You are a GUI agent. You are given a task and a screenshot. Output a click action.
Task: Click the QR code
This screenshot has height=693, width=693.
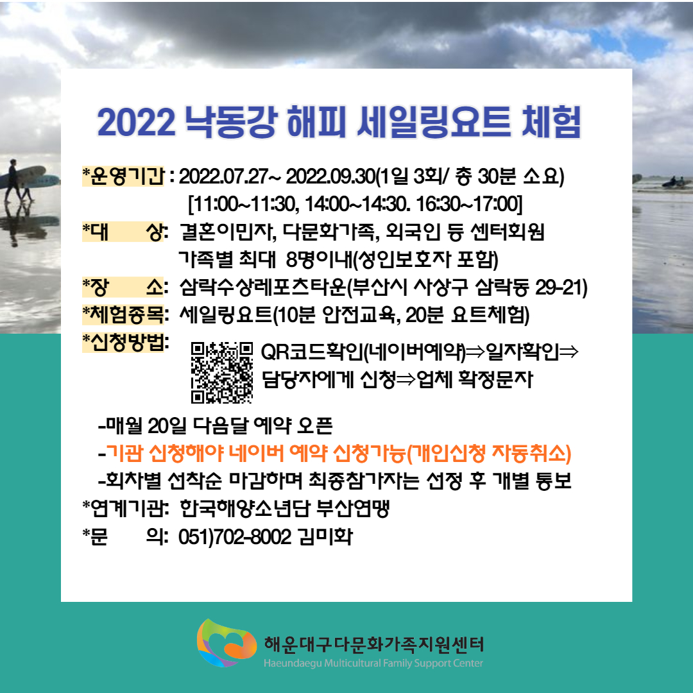pyautogui.click(x=222, y=373)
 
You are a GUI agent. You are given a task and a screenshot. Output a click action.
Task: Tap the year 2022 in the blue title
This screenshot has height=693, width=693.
pyautogui.click(x=136, y=122)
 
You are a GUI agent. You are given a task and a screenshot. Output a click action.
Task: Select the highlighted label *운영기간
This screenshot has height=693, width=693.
pyautogui.click(x=123, y=176)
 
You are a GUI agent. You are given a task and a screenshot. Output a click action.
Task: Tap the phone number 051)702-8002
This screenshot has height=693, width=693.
pyautogui.click(x=235, y=537)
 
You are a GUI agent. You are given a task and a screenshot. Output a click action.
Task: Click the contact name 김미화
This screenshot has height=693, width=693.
pyautogui.click(x=325, y=537)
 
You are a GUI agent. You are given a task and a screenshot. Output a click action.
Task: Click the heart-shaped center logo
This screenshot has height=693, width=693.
pyautogui.click(x=227, y=643)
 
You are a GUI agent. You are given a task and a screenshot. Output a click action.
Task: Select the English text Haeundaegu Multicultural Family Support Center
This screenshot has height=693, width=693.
pyautogui.click(x=373, y=663)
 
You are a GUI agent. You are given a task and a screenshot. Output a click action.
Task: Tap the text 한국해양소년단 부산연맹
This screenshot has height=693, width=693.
pyautogui.click(x=285, y=509)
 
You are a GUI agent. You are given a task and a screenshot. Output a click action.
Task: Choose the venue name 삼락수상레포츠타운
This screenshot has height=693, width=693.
pyautogui.click(x=263, y=287)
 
